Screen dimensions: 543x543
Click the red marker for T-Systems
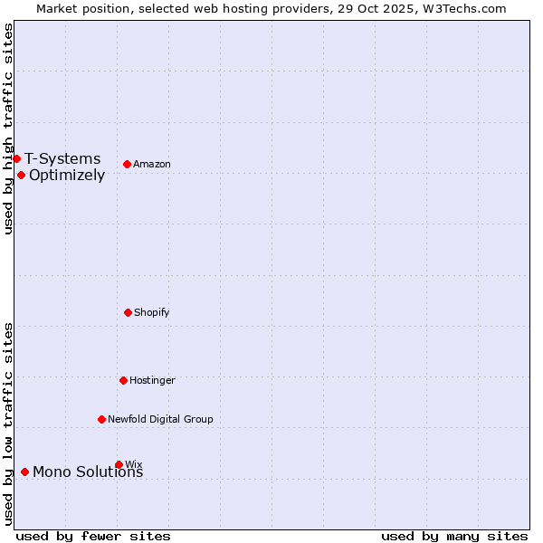(x=16, y=158)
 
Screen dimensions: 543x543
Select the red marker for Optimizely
(x=21, y=175)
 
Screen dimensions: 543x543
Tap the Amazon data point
(x=127, y=164)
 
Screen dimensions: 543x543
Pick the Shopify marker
(x=128, y=312)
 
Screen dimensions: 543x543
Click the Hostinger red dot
(x=123, y=380)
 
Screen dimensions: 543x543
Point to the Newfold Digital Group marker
(x=101, y=419)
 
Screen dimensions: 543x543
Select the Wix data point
(x=119, y=464)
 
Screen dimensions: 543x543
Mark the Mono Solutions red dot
(x=24, y=472)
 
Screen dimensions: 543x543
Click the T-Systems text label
(x=62, y=159)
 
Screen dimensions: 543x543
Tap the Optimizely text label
(x=67, y=176)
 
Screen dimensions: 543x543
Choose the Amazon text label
(x=152, y=165)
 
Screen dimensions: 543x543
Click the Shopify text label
(x=152, y=313)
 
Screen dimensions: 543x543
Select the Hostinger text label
(x=152, y=381)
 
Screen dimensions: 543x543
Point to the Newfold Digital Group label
(x=160, y=420)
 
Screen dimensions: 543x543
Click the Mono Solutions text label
(x=88, y=472)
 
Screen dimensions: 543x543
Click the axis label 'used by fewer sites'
(x=93, y=536)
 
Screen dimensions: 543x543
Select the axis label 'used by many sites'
(x=454, y=536)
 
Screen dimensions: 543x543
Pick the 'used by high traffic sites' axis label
(x=8, y=129)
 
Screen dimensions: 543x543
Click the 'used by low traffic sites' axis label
(x=8, y=424)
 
